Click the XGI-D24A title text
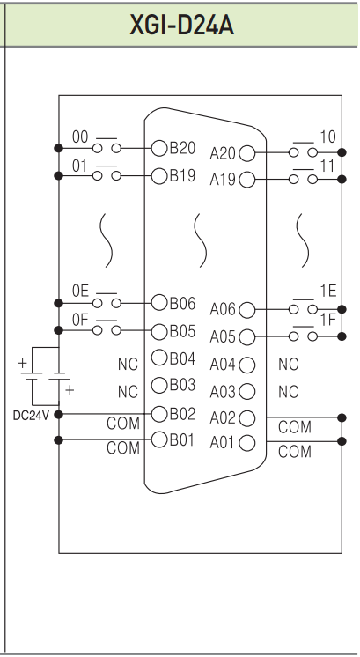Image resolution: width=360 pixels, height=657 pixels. point(181,26)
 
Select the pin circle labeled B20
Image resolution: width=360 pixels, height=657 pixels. point(159,148)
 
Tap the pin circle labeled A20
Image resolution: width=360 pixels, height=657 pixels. point(247,153)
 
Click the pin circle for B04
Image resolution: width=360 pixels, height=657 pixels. point(159,358)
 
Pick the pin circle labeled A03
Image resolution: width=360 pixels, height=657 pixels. point(247,391)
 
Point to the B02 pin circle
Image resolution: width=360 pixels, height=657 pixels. point(159,414)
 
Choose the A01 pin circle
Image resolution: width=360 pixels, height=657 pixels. point(247,443)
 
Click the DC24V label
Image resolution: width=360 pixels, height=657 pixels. point(31,416)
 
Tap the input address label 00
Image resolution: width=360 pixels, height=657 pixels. point(80,137)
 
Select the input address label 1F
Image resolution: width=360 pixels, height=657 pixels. point(328,320)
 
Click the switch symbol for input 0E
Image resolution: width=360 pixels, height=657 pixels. point(107,301)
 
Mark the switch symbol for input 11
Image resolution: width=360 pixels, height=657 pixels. point(303,177)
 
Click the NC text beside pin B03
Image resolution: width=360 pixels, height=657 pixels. point(128,392)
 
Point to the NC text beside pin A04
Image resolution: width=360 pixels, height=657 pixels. point(288,365)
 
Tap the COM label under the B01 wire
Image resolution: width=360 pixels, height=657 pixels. point(123,448)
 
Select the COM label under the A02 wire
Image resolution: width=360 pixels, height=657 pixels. point(295,427)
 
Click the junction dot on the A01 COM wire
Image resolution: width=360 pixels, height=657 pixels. point(342,441)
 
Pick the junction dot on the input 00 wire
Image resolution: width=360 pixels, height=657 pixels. point(59,148)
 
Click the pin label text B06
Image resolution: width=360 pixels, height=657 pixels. point(182,303)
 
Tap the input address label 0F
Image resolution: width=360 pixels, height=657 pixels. point(80,320)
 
